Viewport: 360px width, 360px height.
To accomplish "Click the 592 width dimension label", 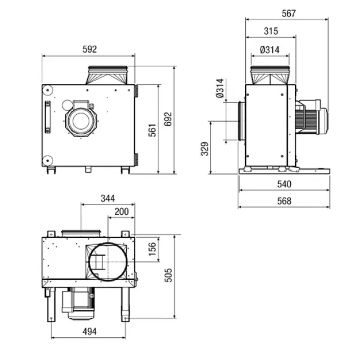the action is pyautogui.click(x=90, y=49).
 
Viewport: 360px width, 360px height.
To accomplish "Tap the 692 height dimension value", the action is pyautogui.click(x=168, y=119).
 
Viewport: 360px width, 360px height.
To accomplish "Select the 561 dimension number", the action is pyautogui.click(x=152, y=130).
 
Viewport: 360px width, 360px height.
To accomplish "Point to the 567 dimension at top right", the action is pyautogui.click(x=289, y=13).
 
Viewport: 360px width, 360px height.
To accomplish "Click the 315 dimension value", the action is pyautogui.click(x=271, y=31).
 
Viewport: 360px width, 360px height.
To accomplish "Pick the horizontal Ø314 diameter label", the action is pyautogui.click(x=270, y=50).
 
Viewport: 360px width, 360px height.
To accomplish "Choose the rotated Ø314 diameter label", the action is pyautogui.click(x=220, y=88).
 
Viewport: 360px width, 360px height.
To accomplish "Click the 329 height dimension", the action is pyautogui.click(x=205, y=149).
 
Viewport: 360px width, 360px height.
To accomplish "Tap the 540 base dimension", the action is pyautogui.click(x=284, y=184).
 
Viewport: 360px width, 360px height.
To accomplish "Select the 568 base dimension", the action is pyautogui.click(x=284, y=201).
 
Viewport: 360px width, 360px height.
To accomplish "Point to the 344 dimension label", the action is pyautogui.click(x=107, y=198).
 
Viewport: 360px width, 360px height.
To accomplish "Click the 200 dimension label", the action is pyautogui.click(x=122, y=211).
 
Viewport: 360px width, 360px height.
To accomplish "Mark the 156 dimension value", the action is pyautogui.click(x=152, y=249).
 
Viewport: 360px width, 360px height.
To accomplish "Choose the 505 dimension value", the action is pyautogui.click(x=168, y=275).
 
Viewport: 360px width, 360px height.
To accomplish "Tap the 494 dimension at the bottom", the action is pyautogui.click(x=90, y=331).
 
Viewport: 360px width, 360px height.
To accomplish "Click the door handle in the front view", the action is pyautogui.click(x=47, y=117).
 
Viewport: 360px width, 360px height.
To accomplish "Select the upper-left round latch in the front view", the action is pyautogui.click(x=47, y=90).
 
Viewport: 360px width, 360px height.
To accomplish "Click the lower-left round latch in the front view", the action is pyautogui.click(x=47, y=161).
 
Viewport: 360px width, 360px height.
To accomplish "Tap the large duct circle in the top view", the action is pyautogui.click(x=107, y=262).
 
